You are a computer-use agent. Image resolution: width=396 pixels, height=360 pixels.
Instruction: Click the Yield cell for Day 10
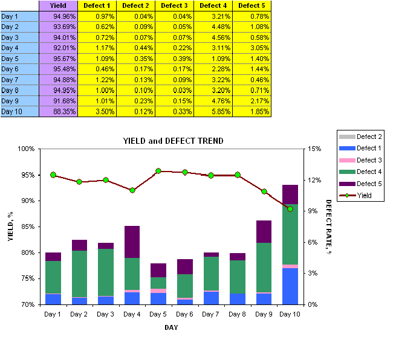[59, 112]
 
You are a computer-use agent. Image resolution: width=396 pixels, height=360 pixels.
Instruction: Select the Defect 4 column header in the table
[212, 5]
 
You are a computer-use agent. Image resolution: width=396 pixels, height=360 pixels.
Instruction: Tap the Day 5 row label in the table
[19, 59]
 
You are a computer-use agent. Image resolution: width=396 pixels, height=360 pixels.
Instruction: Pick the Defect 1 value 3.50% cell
[96, 112]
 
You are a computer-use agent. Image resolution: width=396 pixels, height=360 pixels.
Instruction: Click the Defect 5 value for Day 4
[251, 48]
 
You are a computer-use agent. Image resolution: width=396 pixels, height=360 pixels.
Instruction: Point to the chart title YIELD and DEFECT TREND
[173, 141]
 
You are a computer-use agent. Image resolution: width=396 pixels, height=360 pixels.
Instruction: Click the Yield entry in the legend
[365, 195]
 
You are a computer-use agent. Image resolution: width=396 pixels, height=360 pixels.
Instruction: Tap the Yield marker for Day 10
[290, 209]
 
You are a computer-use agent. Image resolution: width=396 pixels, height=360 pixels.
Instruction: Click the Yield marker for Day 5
[158, 171]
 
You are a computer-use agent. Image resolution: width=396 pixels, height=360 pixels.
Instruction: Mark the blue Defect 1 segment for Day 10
[290, 286]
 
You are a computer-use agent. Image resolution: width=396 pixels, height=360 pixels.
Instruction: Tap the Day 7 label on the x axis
[211, 314]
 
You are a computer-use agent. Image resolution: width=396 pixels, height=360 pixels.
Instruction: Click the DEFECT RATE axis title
[329, 227]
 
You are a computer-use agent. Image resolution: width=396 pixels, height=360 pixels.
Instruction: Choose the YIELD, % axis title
[10, 227]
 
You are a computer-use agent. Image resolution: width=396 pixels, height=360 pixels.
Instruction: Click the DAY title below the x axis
[171, 327]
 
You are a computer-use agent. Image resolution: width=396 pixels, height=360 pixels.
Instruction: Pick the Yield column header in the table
[59, 5]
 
